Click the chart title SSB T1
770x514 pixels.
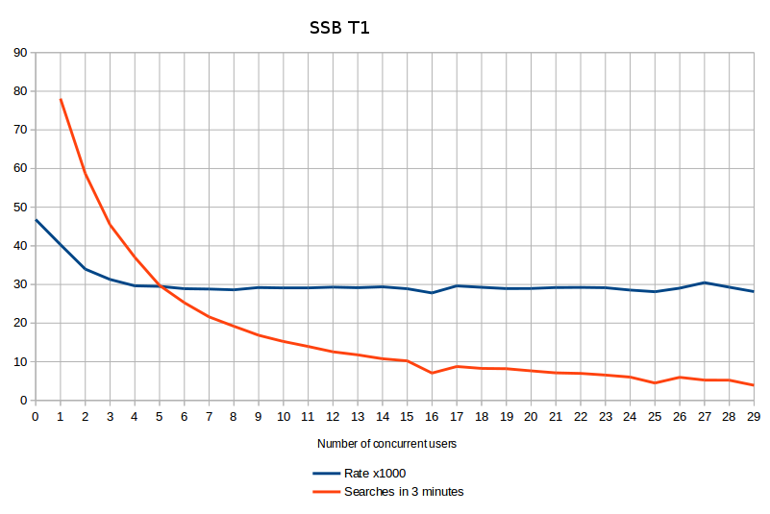point(338,28)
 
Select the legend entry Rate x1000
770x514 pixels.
point(375,474)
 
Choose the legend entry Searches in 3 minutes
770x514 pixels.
point(403,491)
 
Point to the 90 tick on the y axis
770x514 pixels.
point(19,52)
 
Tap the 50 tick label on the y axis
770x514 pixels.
point(19,207)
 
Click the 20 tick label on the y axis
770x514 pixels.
point(19,323)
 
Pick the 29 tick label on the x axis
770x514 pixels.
point(754,416)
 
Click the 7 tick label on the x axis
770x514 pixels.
point(209,416)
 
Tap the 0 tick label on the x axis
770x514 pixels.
point(36,416)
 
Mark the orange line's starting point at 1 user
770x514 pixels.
point(61,99)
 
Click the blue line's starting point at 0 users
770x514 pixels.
point(36,220)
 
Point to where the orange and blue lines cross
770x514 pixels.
point(160,285)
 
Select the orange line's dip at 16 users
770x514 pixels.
point(432,373)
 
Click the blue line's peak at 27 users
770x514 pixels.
point(705,282)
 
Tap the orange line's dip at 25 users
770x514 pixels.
point(655,383)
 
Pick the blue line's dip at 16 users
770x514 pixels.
point(432,293)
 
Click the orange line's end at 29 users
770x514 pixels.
point(754,385)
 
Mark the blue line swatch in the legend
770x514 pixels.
point(326,474)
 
